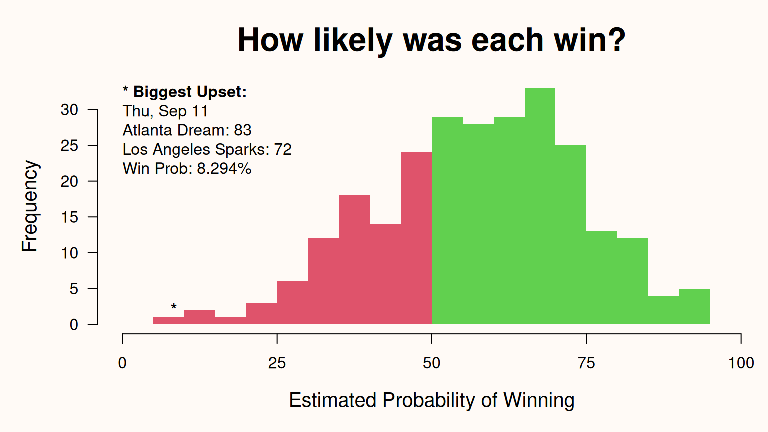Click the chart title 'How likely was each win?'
pyautogui.click(x=431, y=40)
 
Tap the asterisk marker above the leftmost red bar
pyautogui.click(x=174, y=307)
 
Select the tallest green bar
pyautogui.click(x=540, y=206)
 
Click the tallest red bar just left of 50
pyautogui.click(x=416, y=238)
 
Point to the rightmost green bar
pyautogui.click(x=694, y=306)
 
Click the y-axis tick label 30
pyautogui.click(x=69, y=110)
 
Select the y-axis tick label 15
pyautogui.click(x=69, y=217)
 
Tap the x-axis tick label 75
pyautogui.click(x=586, y=363)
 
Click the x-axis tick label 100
pyautogui.click(x=741, y=363)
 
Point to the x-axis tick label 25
pyautogui.click(x=277, y=363)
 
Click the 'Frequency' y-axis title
pyautogui.click(x=30, y=206)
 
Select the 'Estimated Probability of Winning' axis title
pyautogui.click(x=431, y=400)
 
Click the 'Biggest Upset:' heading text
pyautogui.click(x=190, y=92)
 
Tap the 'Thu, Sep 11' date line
pyautogui.click(x=165, y=111)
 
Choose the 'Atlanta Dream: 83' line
pyautogui.click(x=187, y=130)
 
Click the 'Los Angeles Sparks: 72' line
pyautogui.click(x=207, y=149)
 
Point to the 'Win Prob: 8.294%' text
pyautogui.click(x=187, y=168)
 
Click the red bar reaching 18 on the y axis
pyautogui.click(x=354, y=260)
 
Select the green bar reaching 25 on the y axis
pyautogui.click(x=571, y=235)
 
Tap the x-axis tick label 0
pyautogui.click(x=122, y=363)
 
